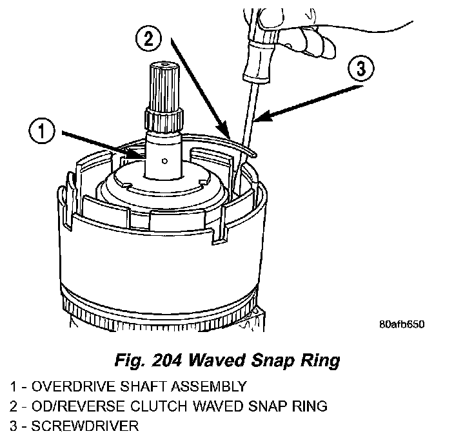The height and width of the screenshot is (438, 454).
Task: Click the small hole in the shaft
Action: tap(166, 160)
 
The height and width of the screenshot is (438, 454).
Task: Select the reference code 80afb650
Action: tap(401, 324)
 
